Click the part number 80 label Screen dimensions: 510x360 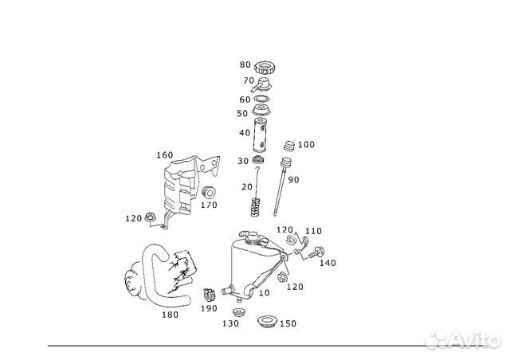(245, 65)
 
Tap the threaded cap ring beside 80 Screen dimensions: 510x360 (265, 68)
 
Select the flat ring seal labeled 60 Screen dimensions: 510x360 (262, 98)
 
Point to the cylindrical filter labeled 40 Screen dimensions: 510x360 (260, 135)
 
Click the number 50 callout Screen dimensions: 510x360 (242, 113)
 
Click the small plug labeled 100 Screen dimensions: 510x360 (289, 146)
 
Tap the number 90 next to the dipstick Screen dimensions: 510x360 (293, 179)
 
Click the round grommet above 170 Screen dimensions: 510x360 (209, 193)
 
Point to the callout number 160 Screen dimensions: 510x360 (165, 155)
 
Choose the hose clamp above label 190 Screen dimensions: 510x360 (210, 295)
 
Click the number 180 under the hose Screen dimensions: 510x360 (170, 315)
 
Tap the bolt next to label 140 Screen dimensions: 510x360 (316, 252)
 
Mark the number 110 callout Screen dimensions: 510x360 (313, 231)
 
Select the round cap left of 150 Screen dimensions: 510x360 (266, 322)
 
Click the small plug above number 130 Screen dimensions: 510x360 (239, 313)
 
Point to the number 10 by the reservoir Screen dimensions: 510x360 (264, 292)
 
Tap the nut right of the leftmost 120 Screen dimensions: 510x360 (150, 216)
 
